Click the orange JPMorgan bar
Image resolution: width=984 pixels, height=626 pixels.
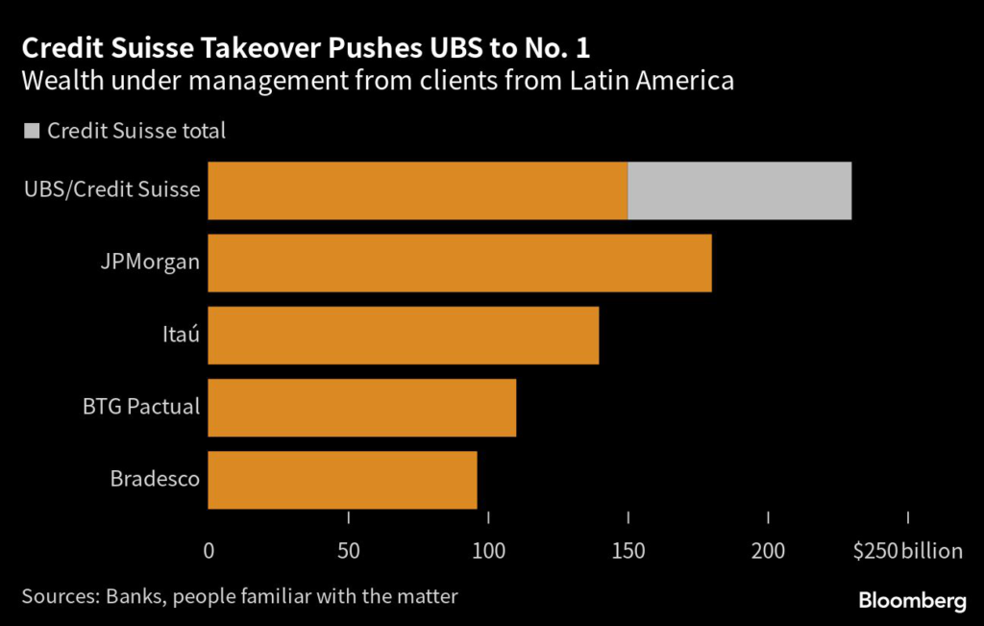coord(459,263)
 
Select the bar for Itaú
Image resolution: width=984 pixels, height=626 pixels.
coord(404,335)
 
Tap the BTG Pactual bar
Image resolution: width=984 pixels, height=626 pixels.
coord(361,407)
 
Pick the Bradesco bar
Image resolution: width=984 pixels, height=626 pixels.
coord(342,479)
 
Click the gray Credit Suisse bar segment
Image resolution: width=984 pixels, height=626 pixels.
coord(739,190)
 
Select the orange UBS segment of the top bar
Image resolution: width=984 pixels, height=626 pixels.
coord(417,190)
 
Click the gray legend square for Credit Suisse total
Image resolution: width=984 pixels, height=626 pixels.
coord(31,131)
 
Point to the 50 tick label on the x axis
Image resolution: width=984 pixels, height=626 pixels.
coord(349,551)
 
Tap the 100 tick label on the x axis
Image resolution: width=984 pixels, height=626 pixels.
coord(488,551)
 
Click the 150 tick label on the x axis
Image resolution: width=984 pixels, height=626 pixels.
coord(628,551)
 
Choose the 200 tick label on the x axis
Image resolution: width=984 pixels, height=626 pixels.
coord(769,551)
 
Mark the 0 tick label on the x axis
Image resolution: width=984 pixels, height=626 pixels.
coord(209,551)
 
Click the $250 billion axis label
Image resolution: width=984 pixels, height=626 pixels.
coord(907,551)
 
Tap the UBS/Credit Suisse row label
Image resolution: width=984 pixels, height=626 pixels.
coord(111,188)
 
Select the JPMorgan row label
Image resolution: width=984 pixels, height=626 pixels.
coord(156,261)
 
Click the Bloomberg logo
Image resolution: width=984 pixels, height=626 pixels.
coord(912,601)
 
